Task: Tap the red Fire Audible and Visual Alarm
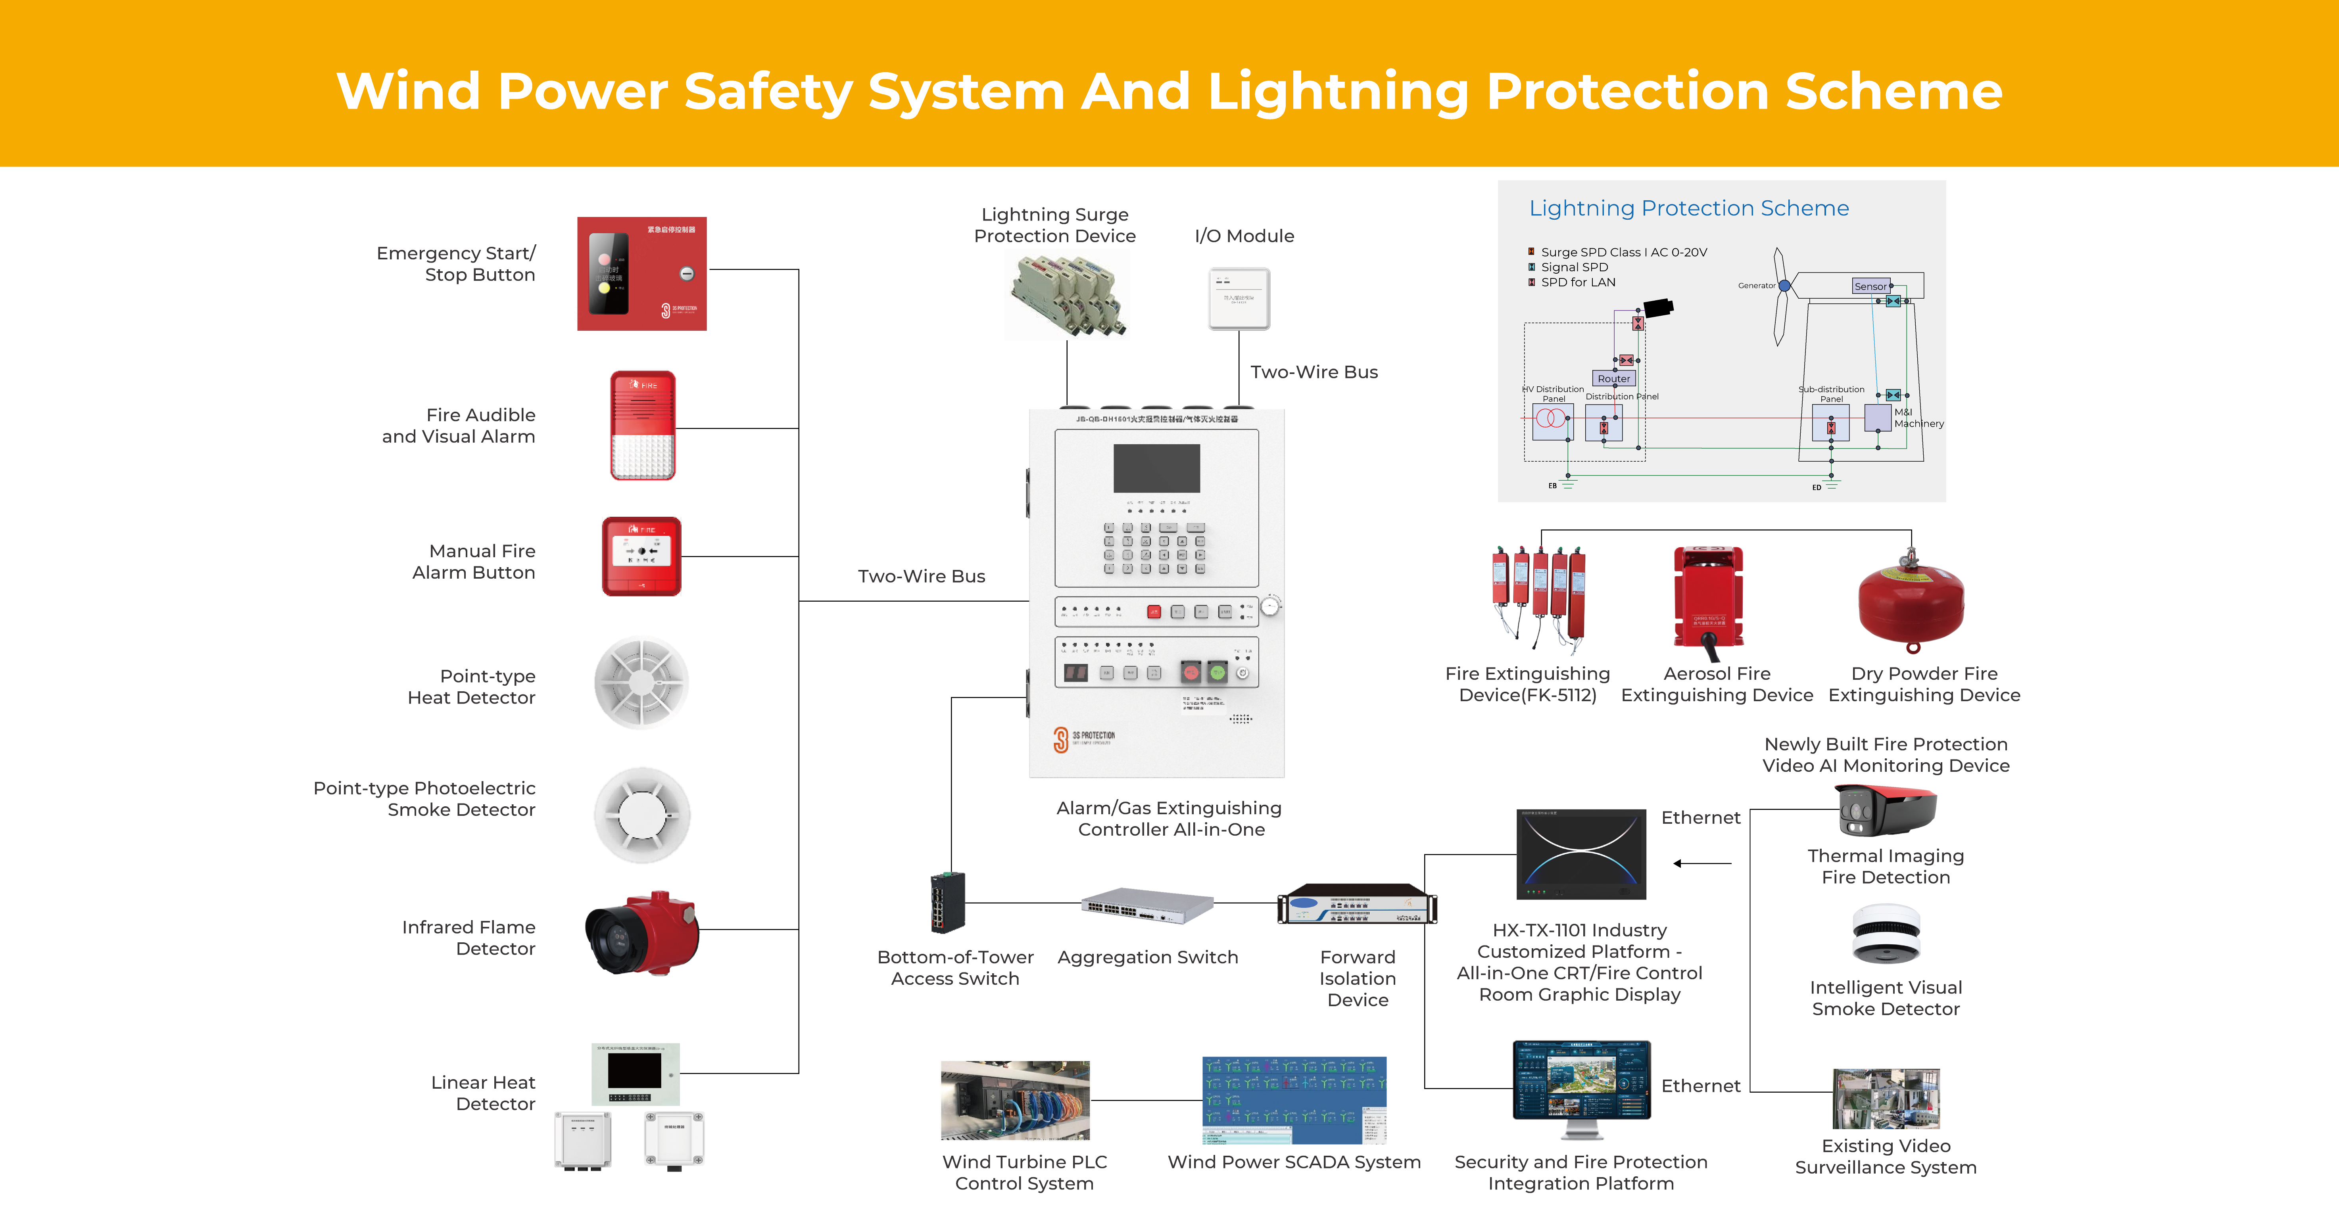tap(643, 425)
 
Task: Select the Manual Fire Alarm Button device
tap(641, 556)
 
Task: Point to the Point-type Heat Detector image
tap(641, 683)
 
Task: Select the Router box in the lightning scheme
tap(1613, 379)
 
